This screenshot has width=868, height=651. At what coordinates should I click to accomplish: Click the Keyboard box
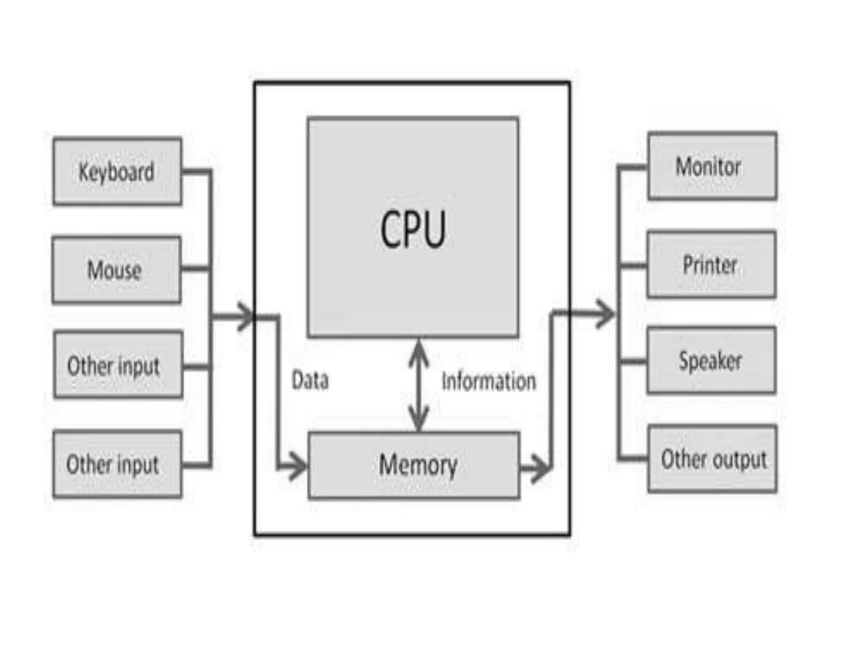click(117, 171)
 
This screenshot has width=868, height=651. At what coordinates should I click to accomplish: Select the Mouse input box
click(117, 270)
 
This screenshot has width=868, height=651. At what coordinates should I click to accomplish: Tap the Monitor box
click(712, 166)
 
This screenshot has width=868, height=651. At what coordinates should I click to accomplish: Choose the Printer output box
click(711, 264)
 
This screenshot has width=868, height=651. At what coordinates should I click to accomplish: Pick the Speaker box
click(711, 360)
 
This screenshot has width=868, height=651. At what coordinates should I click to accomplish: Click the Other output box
click(712, 459)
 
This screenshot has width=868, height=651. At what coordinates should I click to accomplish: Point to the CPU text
click(413, 229)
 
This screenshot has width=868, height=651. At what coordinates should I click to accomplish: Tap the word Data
click(310, 380)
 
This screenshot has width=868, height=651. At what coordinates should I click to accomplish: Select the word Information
click(489, 381)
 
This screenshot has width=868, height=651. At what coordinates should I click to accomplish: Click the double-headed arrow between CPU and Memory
click(419, 386)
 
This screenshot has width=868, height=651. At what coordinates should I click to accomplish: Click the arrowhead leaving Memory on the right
click(540, 468)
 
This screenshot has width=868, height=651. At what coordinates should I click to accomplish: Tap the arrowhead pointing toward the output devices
click(604, 314)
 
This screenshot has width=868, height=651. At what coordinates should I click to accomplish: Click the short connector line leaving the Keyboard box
click(196, 172)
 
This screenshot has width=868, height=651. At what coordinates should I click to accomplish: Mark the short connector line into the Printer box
click(633, 266)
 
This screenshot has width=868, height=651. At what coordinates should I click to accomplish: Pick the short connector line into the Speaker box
click(633, 362)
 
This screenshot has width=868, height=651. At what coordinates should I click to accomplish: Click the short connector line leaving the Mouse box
click(195, 269)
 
